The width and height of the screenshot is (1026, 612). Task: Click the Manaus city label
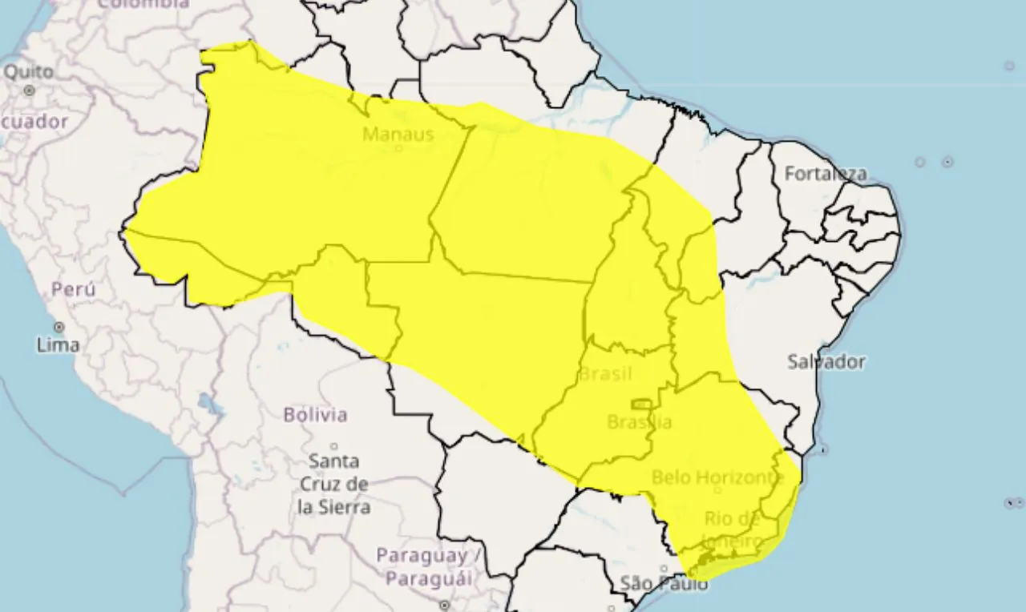click(398, 135)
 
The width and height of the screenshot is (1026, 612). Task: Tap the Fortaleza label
click(825, 174)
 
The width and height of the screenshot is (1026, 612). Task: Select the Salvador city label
click(826, 362)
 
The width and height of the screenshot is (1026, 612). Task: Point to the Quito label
click(29, 72)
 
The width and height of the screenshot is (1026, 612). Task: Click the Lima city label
click(58, 345)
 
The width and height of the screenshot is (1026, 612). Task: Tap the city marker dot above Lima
click(59, 327)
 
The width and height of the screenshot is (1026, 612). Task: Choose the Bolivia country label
click(315, 415)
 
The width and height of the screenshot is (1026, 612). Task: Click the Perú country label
click(73, 289)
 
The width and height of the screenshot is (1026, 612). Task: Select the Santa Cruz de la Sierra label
click(333, 484)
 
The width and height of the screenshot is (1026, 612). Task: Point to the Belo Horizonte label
click(717, 478)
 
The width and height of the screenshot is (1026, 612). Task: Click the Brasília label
click(639, 421)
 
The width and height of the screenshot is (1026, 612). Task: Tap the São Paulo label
click(664, 584)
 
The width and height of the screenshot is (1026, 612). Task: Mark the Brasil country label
click(605, 374)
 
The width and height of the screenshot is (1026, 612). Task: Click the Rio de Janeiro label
click(731, 530)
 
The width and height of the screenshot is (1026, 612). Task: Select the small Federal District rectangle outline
click(641, 404)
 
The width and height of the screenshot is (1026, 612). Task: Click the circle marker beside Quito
click(30, 91)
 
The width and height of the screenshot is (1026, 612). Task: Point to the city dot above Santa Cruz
click(334, 446)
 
